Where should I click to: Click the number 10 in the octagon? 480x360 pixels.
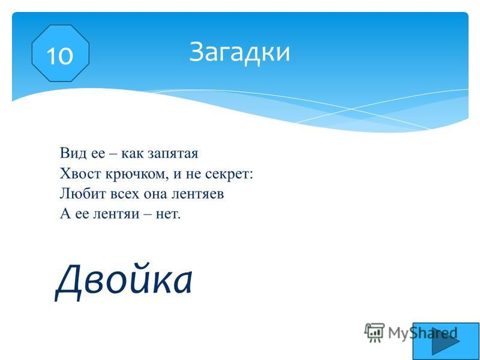[x=59, y=56]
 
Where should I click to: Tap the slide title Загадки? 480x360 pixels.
[x=239, y=52]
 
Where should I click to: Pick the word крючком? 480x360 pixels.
[x=137, y=175]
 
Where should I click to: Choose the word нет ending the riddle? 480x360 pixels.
[x=167, y=214]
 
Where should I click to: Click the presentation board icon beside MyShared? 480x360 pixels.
[x=374, y=332]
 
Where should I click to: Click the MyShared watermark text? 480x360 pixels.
[x=422, y=333]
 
